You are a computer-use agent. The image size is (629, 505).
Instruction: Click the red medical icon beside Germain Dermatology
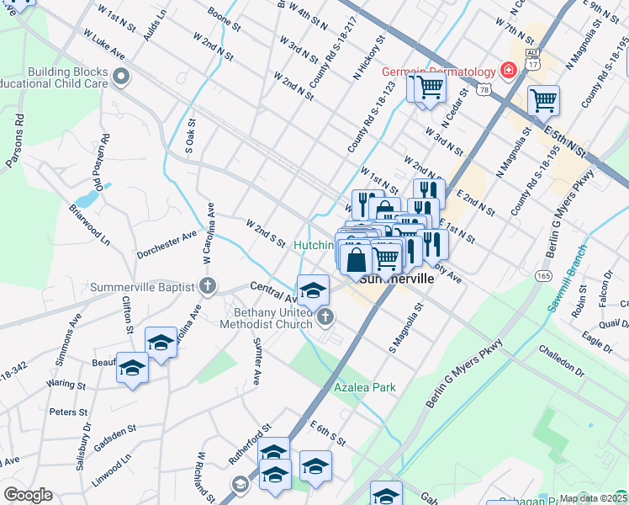pyautogui.click(x=508, y=70)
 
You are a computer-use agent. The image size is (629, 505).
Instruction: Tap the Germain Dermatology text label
pyautogui.click(x=440, y=71)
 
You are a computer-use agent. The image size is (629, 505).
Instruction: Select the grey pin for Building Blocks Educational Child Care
pyautogui.click(x=121, y=78)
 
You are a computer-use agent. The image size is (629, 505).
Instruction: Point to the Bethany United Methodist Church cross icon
pyautogui.click(x=325, y=317)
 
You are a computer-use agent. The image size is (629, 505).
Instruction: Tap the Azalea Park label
pyautogui.click(x=364, y=387)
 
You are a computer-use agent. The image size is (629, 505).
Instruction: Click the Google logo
pyautogui.click(x=27, y=495)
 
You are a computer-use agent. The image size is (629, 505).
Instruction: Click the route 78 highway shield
pyautogui.click(x=483, y=90)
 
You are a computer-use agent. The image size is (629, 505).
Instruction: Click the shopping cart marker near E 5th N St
pyautogui.click(x=543, y=101)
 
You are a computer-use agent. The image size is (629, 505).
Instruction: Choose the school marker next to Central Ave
pyautogui.click(x=313, y=290)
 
